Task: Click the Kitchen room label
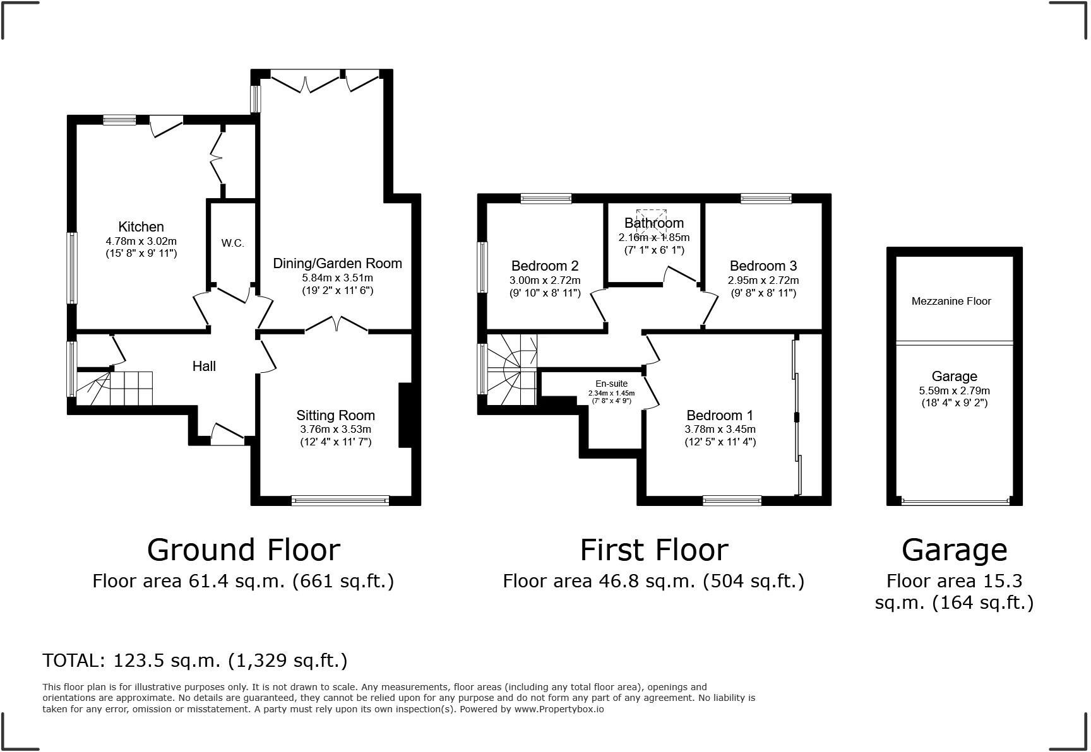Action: [141, 226]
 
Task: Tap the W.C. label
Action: [232, 243]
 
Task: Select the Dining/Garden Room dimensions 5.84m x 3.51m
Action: [337, 278]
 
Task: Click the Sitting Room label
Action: [335, 415]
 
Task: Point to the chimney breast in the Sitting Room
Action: [405, 415]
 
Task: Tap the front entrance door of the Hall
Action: [227, 435]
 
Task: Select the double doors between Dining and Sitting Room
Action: [337, 326]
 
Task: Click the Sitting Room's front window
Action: [340, 500]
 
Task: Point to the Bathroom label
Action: [653, 223]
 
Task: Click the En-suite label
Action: [611, 384]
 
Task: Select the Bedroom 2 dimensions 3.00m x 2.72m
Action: [544, 280]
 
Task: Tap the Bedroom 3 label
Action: [763, 266]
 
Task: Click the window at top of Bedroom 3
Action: [766, 199]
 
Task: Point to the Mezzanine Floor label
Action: [951, 301]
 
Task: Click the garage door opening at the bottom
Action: [955, 502]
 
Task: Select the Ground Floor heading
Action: [243, 549]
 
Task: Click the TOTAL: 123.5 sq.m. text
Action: [194, 661]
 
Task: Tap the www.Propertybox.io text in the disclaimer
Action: [559, 709]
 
